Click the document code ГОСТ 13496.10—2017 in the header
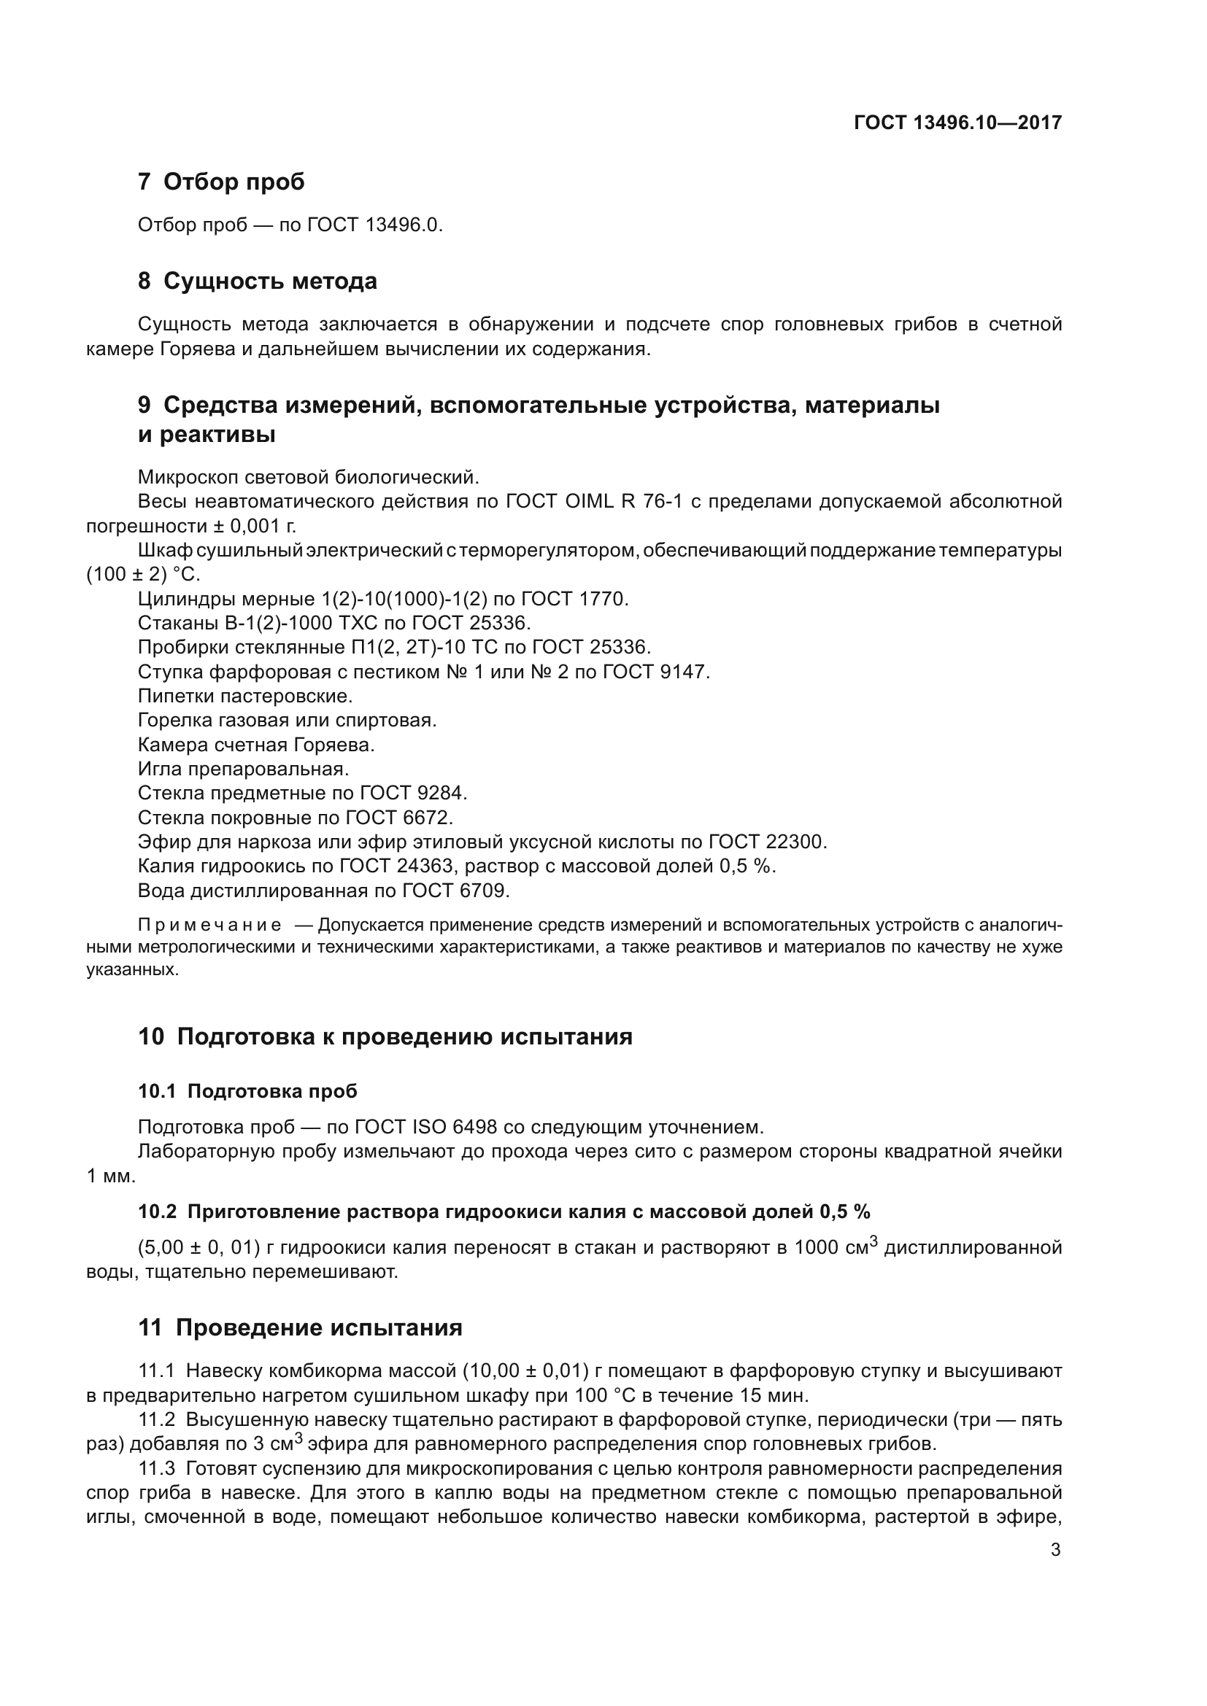(x=957, y=123)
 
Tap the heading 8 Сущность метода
(x=257, y=282)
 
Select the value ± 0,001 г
(x=255, y=526)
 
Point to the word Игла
(x=159, y=769)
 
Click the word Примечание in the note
(x=209, y=926)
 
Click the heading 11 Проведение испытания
(x=299, y=1327)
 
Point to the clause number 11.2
(x=156, y=1420)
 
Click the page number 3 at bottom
(x=1055, y=1550)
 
